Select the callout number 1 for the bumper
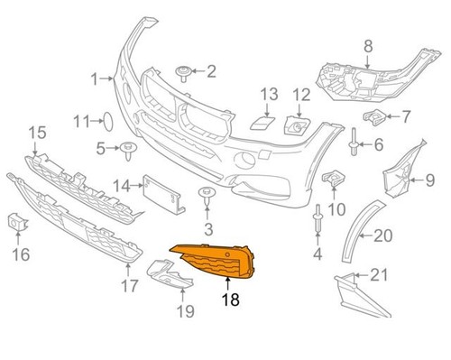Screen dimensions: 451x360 click(93, 80)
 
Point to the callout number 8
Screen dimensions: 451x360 click(368, 45)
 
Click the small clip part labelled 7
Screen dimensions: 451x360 click(370, 118)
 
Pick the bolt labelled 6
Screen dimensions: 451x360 click(354, 142)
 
